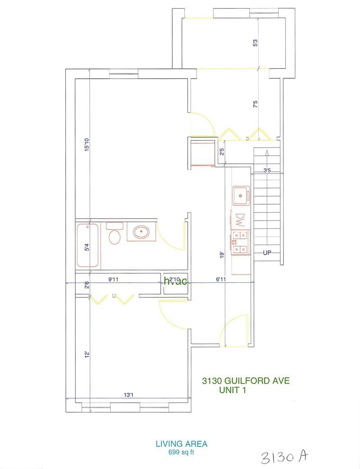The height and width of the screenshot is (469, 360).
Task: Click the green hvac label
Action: coord(175,281)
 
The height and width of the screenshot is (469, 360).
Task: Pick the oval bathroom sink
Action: coord(141,232)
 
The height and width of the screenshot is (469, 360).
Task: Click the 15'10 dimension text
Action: coord(86,145)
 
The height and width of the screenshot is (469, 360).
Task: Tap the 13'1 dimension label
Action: coord(129,395)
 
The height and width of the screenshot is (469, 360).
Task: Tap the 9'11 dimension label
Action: coord(113,279)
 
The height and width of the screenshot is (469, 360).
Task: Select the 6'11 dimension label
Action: coord(221,279)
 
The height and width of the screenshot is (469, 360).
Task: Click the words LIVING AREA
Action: coord(181,444)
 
